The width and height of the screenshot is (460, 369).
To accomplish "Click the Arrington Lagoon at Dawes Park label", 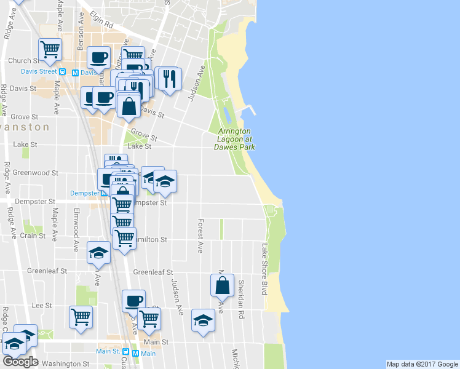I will coord(234,139).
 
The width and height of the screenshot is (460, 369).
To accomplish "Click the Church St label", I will coord(24,61).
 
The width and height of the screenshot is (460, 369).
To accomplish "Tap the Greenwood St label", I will coord(35,173).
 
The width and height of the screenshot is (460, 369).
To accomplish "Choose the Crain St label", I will coord(32,236).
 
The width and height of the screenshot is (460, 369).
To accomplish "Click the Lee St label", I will coord(41,305).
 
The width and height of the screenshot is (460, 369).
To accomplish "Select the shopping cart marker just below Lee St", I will coord(81,317).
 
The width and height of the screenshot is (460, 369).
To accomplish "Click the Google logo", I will coord(20,362).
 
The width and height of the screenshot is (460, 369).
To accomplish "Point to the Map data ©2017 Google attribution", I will coord(422,364).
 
